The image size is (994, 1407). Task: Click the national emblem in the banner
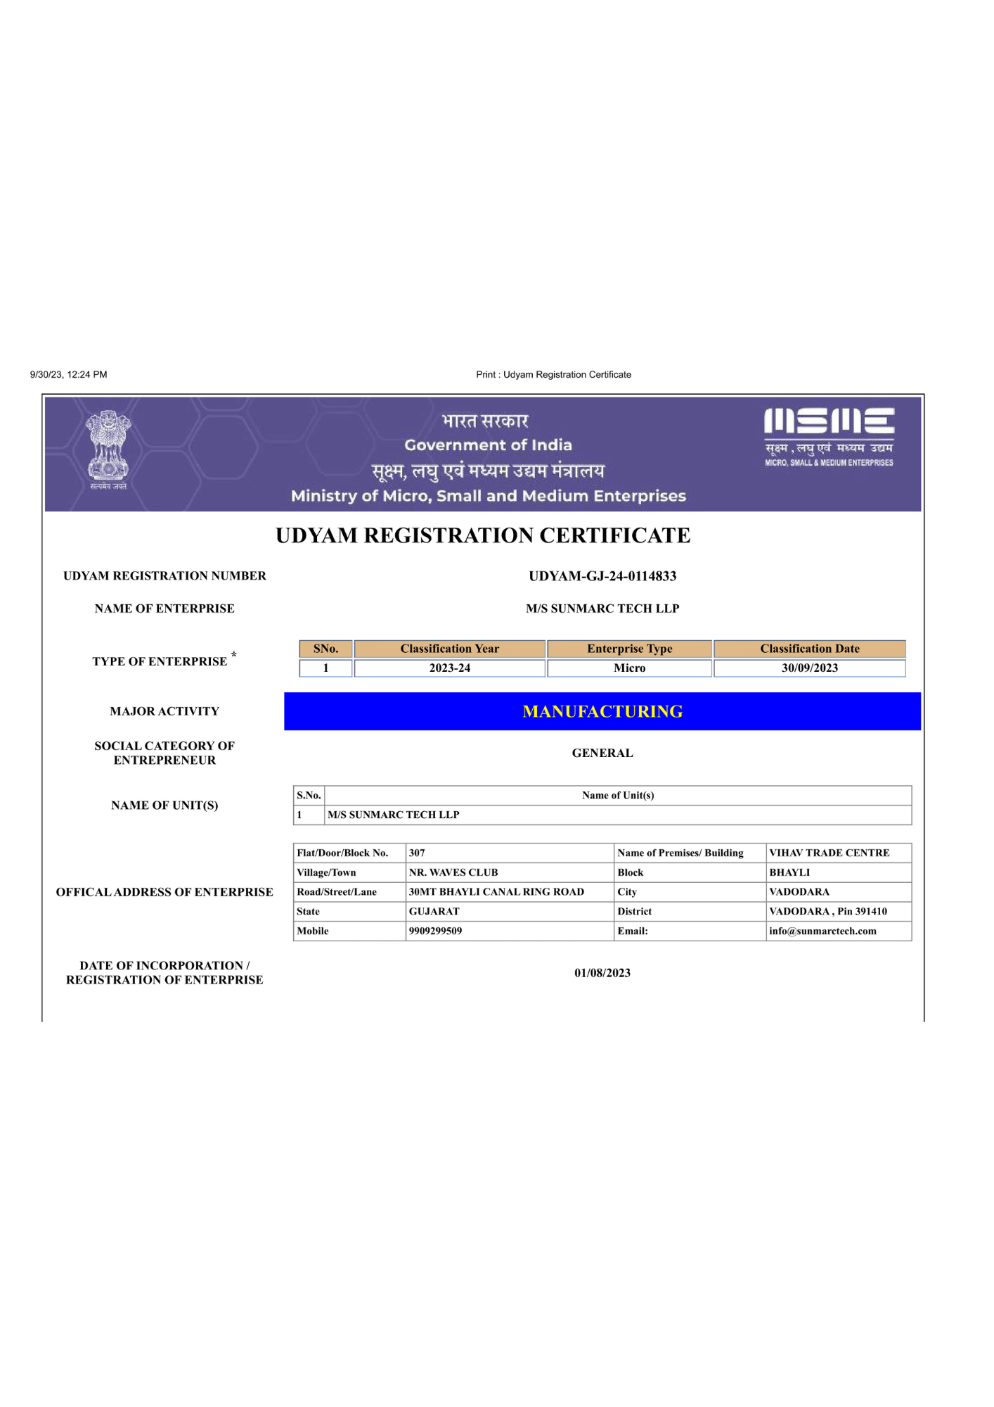(x=108, y=447)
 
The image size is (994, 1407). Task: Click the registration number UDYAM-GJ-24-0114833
(x=602, y=576)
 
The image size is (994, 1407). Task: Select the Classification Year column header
(x=450, y=649)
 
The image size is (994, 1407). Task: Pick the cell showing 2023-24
(x=450, y=668)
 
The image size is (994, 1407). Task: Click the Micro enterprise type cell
(x=629, y=668)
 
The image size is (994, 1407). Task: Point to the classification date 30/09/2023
(x=809, y=668)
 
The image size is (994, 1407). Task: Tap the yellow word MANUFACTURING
(x=602, y=712)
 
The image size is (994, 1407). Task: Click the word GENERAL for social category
(x=602, y=753)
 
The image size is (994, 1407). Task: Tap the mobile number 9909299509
(x=436, y=931)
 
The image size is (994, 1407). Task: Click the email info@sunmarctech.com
(x=822, y=931)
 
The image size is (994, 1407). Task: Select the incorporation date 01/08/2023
(x=602, y=974)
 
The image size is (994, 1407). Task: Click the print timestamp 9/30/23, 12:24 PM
(x=68, y=375)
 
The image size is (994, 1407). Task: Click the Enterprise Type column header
(x=629, y=649)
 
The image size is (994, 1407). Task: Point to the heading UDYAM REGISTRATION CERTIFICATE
(x=483, y=536)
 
